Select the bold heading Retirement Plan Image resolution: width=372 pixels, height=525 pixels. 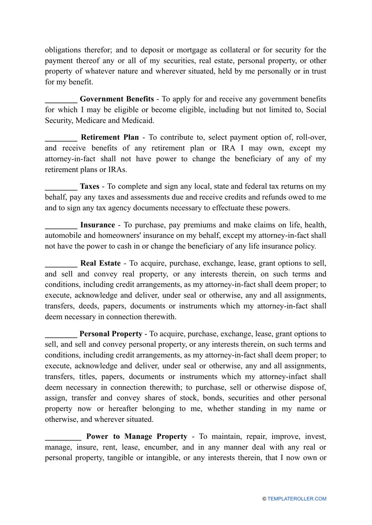[x=110, y=137]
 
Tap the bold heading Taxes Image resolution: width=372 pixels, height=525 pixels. [x=89, y=187]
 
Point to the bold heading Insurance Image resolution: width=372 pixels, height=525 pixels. [x=98, y=225]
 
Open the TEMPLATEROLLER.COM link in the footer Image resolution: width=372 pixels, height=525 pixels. [x=296, y=499]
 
